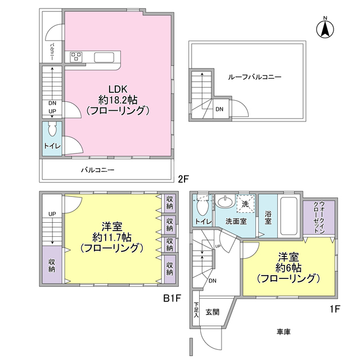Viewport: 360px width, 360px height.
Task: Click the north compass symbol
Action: pos(325,29)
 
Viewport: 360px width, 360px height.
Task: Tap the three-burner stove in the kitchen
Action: pos(76,57)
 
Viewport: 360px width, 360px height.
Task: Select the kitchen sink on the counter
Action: pos(104,57)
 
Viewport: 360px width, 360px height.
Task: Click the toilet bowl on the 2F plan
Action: pos(52,129)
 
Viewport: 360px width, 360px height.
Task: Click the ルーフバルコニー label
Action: pos(254,77)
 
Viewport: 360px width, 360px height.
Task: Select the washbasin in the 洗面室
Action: pos(226,202)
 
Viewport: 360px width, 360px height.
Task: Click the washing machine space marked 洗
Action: pos(246,204)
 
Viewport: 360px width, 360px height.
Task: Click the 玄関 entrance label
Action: pos(213,312)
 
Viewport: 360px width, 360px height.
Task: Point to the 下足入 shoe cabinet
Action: pos(196,309)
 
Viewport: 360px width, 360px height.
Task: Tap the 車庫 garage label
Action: pos(283,331)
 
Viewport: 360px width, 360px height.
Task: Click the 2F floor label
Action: pos(183,179)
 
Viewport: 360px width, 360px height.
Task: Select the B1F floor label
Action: pos(172,298)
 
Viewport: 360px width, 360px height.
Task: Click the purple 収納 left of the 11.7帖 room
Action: pos(52,265)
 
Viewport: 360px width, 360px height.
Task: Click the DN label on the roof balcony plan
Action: pos(219,109)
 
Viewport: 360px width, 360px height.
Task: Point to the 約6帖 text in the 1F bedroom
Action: pos(289,268)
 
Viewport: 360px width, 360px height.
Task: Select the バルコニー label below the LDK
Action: pos(98,170)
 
